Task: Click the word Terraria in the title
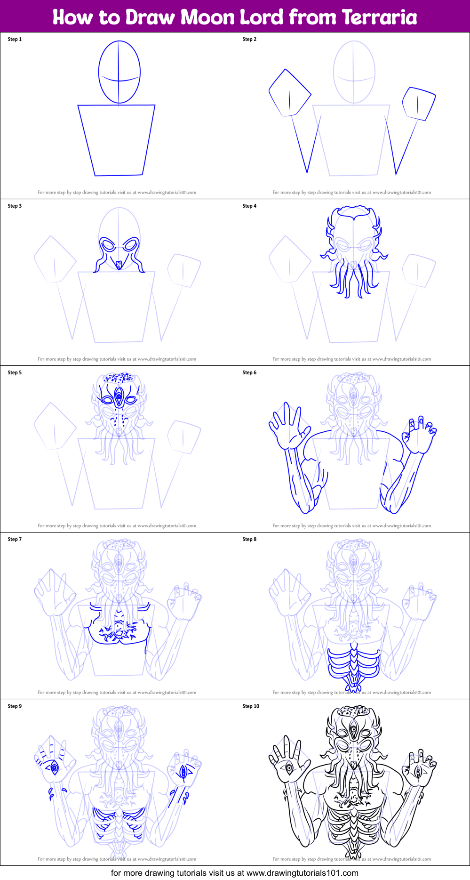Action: click(x=379, y=17)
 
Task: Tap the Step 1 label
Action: click(x=15, y=39)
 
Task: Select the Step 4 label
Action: click(x=249, y=206)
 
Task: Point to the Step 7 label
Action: click(x=15, y=539)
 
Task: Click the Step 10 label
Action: click(x=251, y=706)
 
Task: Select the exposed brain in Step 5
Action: click(x=119, y=378)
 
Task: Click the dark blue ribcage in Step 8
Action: click(x=354, y=664)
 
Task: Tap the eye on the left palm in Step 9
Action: click(x=54, y=768)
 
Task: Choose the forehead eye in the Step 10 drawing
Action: click(x=354, y=730)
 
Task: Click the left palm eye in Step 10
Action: click(x=288, y=768)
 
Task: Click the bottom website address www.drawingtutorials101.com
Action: click(x=303, y=873)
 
